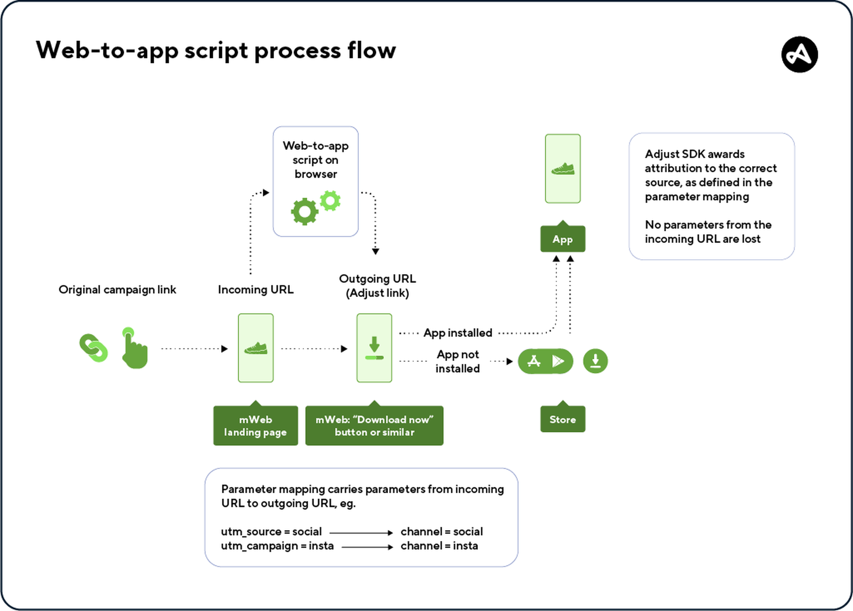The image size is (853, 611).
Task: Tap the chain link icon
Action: (x=93, y=348)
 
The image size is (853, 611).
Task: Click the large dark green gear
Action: (x=304, y=212)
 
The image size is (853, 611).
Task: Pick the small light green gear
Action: (x=330, y=201)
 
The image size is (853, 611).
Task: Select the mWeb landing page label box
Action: (x=255, y=425)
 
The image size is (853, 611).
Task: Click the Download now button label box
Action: (x=374, y=425)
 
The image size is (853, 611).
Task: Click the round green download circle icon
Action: (x=595, y=361)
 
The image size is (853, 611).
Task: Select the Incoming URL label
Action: (x=255, y=290)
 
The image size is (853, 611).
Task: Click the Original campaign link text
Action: (x=117, y=290)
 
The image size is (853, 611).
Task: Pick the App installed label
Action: (x=457, y=333)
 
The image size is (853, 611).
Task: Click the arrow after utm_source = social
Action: (x=361, y=533)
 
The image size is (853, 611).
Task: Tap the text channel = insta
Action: (x=439, y=546)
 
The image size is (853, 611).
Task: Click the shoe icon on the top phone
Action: (x=563, y=169)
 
